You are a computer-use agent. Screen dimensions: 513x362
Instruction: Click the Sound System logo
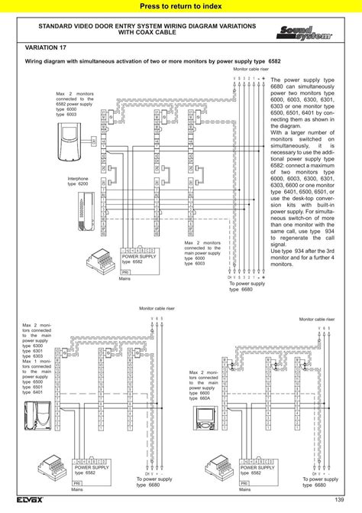pyautogui.click(x=296, y=32)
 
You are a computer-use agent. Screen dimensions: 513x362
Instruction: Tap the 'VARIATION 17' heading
pyautogui.click(x=47, y=47)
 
